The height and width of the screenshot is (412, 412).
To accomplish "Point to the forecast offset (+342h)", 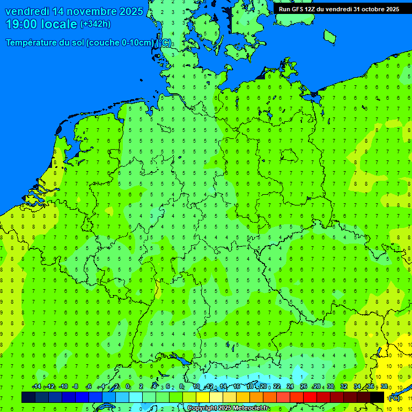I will click(x=95, y=24).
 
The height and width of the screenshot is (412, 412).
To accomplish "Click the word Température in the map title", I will click(x=31, y=43).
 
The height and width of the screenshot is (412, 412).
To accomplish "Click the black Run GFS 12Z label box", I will click(x=339, y=9).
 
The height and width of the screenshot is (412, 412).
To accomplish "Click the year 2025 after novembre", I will click(x=131, y=11).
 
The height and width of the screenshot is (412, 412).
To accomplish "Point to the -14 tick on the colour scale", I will click(x=36, y=387).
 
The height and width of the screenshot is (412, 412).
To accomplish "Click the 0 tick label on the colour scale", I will click(x=128, y=387).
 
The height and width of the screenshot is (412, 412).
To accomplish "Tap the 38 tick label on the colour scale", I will click(x=384, y=387).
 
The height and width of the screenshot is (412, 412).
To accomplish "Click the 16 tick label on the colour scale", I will click(x=236, y=387).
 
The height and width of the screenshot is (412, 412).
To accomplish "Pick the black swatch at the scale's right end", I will click(x=377, y=397).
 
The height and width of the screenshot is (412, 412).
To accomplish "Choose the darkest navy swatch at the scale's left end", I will click(x=28, y=397).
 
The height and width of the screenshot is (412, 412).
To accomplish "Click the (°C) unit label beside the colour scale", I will click(x=394, y=398).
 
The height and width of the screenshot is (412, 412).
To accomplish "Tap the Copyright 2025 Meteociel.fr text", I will click(x=228, y=408).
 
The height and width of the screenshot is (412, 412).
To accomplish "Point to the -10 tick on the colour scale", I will click(x=63, y=387).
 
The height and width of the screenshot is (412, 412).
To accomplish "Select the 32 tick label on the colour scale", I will click(x=343, y=387).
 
